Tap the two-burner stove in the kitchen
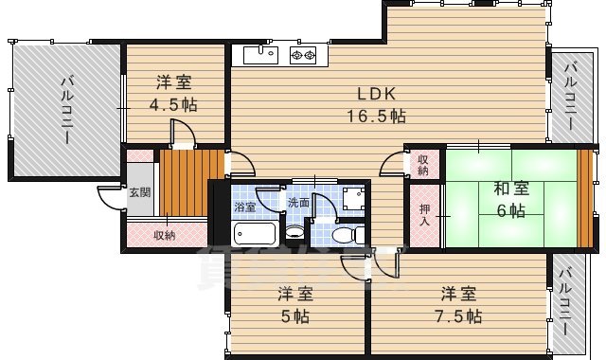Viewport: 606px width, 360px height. click(x=302, y=55)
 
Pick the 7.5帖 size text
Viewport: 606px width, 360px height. click(x=459, y=315)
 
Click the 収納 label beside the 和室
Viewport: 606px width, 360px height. click(x=422, y=166)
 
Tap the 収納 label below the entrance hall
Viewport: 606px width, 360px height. click(x=165, y=234)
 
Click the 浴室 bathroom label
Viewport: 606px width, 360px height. click(x=244, y=203)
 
